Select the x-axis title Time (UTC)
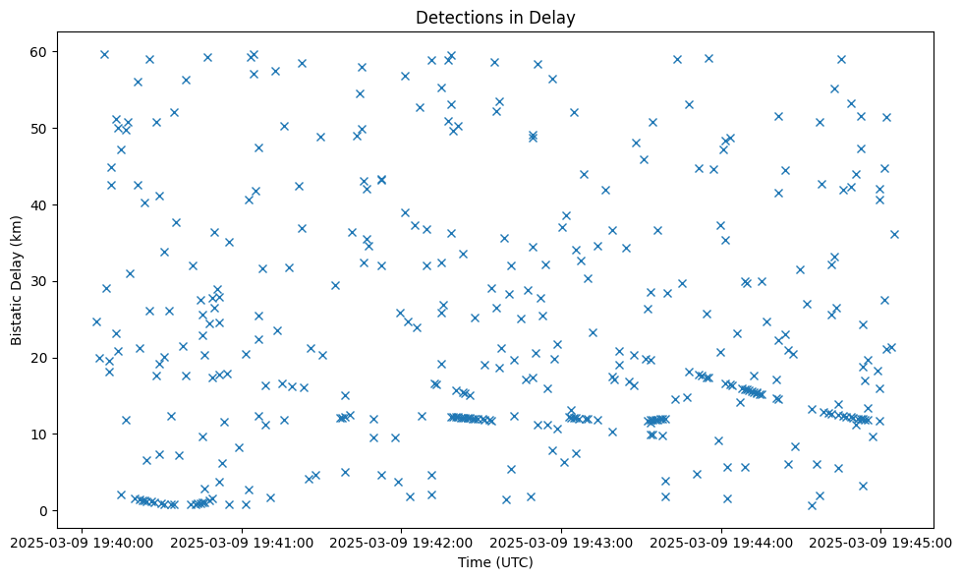pos(495,562)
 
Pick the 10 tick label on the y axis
pos(40,434)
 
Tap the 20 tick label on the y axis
pos(40,358)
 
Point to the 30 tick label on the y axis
pos(40,281)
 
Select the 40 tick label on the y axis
pos(40,204)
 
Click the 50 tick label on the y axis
pos(40,128)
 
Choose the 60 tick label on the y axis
pos(40,51)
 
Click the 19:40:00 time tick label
pos(83,541)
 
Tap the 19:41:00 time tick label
pos(242,541)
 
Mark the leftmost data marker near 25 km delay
pos(96,321)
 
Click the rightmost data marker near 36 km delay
pos(894,234)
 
